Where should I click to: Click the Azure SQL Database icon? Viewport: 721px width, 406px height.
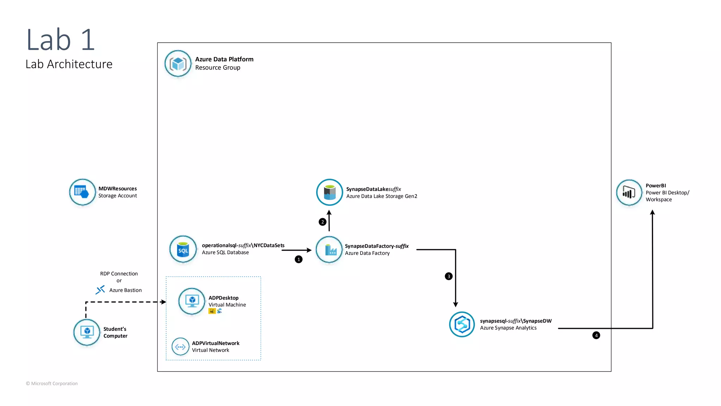point(183,249)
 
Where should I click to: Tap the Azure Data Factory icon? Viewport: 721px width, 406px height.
point(329,250)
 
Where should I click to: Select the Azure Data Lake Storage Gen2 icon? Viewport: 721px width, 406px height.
point(330,192)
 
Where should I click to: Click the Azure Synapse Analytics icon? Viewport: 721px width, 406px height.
point(462,324)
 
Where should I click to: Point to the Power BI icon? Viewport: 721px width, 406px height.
point(629,192)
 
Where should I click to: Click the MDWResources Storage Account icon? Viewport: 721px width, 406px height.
point(82,192)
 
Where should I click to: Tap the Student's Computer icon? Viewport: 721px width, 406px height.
point(87,332)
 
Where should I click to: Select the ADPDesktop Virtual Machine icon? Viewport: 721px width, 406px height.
point(192,301)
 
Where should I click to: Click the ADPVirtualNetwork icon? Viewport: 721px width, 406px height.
point(180,347)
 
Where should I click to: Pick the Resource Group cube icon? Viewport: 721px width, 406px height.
point(178,63)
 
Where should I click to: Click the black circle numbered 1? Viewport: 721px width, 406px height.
point(299,259)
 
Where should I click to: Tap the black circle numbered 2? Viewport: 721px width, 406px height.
point(322,222)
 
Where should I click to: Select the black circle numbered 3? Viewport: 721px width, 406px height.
point(449,276)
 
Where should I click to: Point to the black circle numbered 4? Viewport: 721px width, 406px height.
point(596,336)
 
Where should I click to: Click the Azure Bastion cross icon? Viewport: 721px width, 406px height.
point(100,290)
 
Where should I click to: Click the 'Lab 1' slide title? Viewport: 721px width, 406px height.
point(61,40)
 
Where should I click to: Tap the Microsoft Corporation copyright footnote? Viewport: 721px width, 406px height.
point(52,383)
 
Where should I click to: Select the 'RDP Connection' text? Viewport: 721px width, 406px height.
point(119,274)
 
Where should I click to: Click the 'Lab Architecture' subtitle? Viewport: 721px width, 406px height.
point(69,64)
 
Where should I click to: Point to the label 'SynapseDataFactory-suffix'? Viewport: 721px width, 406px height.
point(377,246)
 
